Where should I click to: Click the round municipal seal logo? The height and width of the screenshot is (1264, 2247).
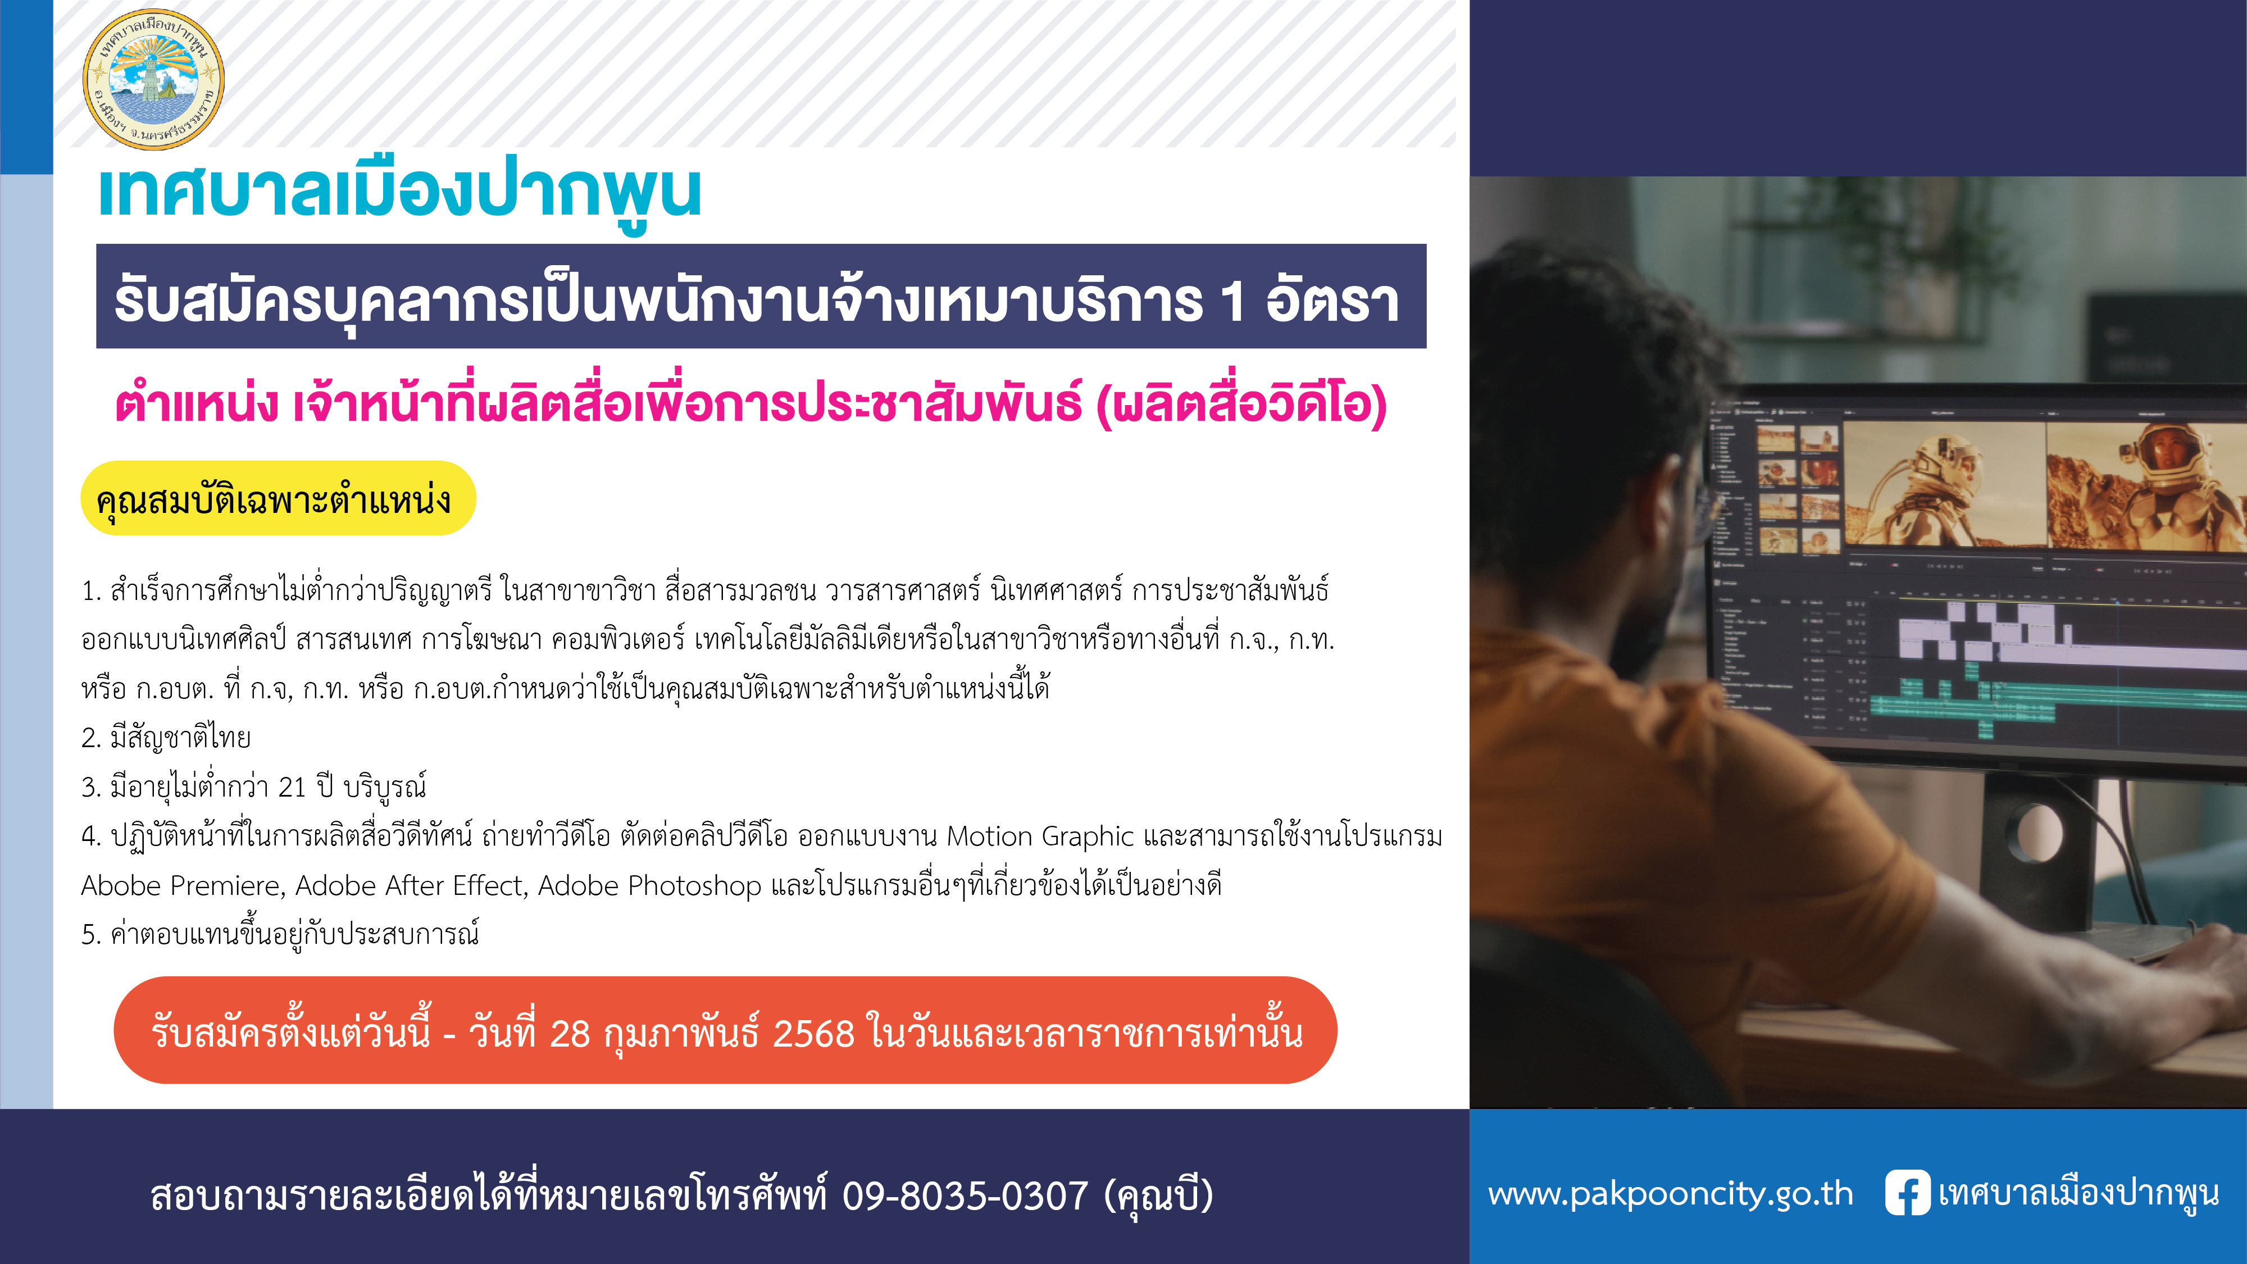(153, 79)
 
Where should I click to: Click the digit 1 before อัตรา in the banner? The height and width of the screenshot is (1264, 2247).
(1232, 302)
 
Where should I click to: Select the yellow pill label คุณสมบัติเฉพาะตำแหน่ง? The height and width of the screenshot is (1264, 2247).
(278, 498)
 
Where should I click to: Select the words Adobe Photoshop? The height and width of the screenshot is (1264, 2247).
(650, 885)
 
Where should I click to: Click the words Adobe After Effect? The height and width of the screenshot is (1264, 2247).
(411, 885)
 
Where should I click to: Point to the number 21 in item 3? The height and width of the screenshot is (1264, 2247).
(292, 788)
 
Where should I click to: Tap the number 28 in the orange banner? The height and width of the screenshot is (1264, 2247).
(571, 1034)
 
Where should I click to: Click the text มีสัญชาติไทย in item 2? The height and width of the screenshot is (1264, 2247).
(180, 739)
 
